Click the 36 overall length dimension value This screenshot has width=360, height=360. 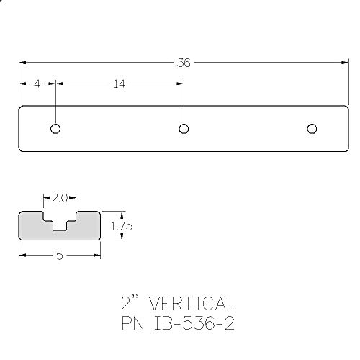(184, 63)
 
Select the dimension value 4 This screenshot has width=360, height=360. (37, 84)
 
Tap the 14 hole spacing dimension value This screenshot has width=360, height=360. (119, 84)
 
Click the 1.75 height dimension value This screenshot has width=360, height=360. (120, 226)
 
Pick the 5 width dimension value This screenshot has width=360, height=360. (59, 255)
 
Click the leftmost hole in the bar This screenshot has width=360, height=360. (55, 129)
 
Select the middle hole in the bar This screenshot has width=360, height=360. (184, 129)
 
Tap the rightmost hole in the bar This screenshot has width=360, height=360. (311, 129)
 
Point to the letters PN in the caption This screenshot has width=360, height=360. (134, 322)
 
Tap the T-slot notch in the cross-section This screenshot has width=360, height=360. (60, 220)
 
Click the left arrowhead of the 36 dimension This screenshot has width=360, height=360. (22, 63)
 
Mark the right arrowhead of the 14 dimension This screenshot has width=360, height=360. (180, 84)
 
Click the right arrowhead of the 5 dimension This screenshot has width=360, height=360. (97, 255)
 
